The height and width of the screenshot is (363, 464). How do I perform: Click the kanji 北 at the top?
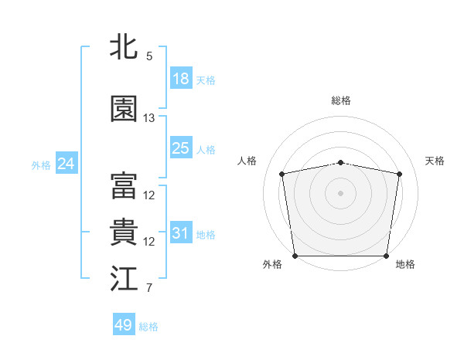[x=125, y=46]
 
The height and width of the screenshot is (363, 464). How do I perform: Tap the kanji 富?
[x=125, y=186]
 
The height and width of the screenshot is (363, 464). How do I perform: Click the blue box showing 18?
[x=181, y=79]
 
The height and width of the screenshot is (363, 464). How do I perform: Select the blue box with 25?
[x=181, y=148]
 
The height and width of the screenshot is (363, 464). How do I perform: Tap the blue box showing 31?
[x=181, y=233]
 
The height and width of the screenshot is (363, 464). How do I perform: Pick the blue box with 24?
[x=66, y=164]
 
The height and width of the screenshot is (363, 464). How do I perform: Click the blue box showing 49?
[x=124, y=325]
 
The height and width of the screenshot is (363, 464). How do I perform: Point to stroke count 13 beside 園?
[x=149, y=118]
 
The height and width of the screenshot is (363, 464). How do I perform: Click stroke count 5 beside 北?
[x=149, y=56]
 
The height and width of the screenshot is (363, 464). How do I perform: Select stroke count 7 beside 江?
[x=149, y=289]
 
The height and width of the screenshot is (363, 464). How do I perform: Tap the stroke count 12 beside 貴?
[x=149, y=242]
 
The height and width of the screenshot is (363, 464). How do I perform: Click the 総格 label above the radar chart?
[x=341, y=100]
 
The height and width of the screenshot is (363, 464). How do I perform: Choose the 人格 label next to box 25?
[x=206, y=149]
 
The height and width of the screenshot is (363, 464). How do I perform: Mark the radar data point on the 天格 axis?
[x=399, y=175]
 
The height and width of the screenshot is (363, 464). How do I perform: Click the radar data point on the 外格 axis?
[x=295, y=256]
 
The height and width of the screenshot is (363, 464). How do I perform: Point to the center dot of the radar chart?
[x=341, y=193]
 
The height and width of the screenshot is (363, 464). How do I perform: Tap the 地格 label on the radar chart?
[x=405, y=265]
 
